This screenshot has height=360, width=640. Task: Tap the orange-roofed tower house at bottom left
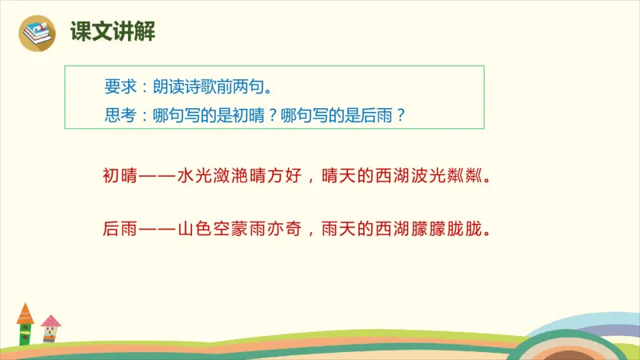(x=25, y=324)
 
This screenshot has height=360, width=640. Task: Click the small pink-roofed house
(x=51, y=328)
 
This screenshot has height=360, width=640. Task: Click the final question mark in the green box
(x=402, y=114)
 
